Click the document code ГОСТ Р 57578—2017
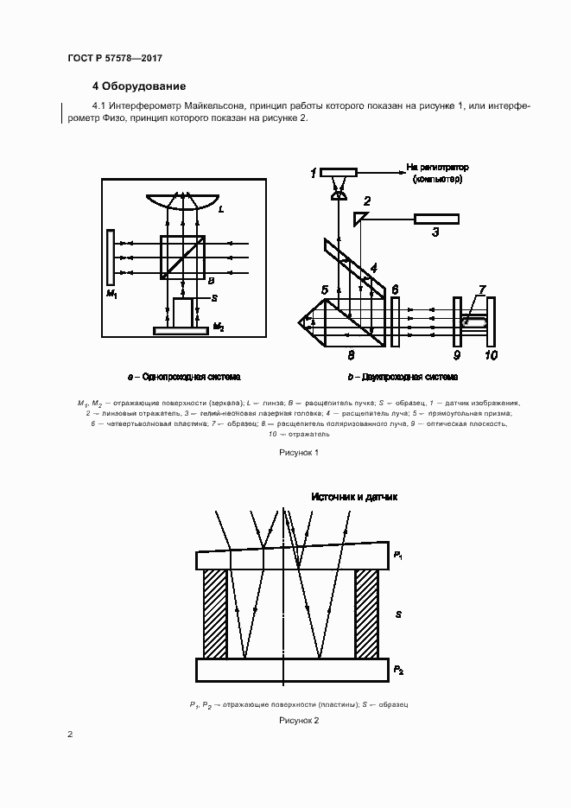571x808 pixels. [115, 58]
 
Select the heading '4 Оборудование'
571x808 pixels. [137, 86]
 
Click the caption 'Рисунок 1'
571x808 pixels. [299, 452]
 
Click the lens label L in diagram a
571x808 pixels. [222, 209]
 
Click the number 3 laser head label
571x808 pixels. [435, 232]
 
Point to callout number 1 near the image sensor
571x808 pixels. [314, 175]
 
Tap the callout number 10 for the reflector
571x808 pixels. [491, 353]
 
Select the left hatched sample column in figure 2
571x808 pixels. [215, 614]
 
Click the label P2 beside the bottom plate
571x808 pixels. [397, 670]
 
